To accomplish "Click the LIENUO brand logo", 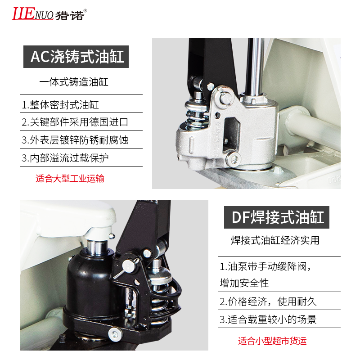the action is tap(49, 14).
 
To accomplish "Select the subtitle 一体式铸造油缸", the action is tap(74, 82).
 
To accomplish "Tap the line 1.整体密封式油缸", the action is tap(60, 105).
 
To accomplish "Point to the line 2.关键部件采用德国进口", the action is tap(75, 122).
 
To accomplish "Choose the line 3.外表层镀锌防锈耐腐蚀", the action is tap(75, 140).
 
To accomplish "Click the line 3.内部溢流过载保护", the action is tap(65, 158).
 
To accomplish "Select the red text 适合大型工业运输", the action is tap(70, 179).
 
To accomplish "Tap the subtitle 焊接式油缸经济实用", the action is tap(275, 240).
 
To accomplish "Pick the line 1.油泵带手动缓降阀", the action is tap(265, 266).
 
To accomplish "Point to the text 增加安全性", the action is tap(244, 283).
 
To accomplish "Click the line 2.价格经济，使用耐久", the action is tap(268, 301).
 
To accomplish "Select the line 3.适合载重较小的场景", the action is tap(268, 319).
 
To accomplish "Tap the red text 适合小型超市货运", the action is tap(272, 341).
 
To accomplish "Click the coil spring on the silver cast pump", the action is tap(198, 115).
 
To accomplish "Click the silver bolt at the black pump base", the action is tap(115, 334).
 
